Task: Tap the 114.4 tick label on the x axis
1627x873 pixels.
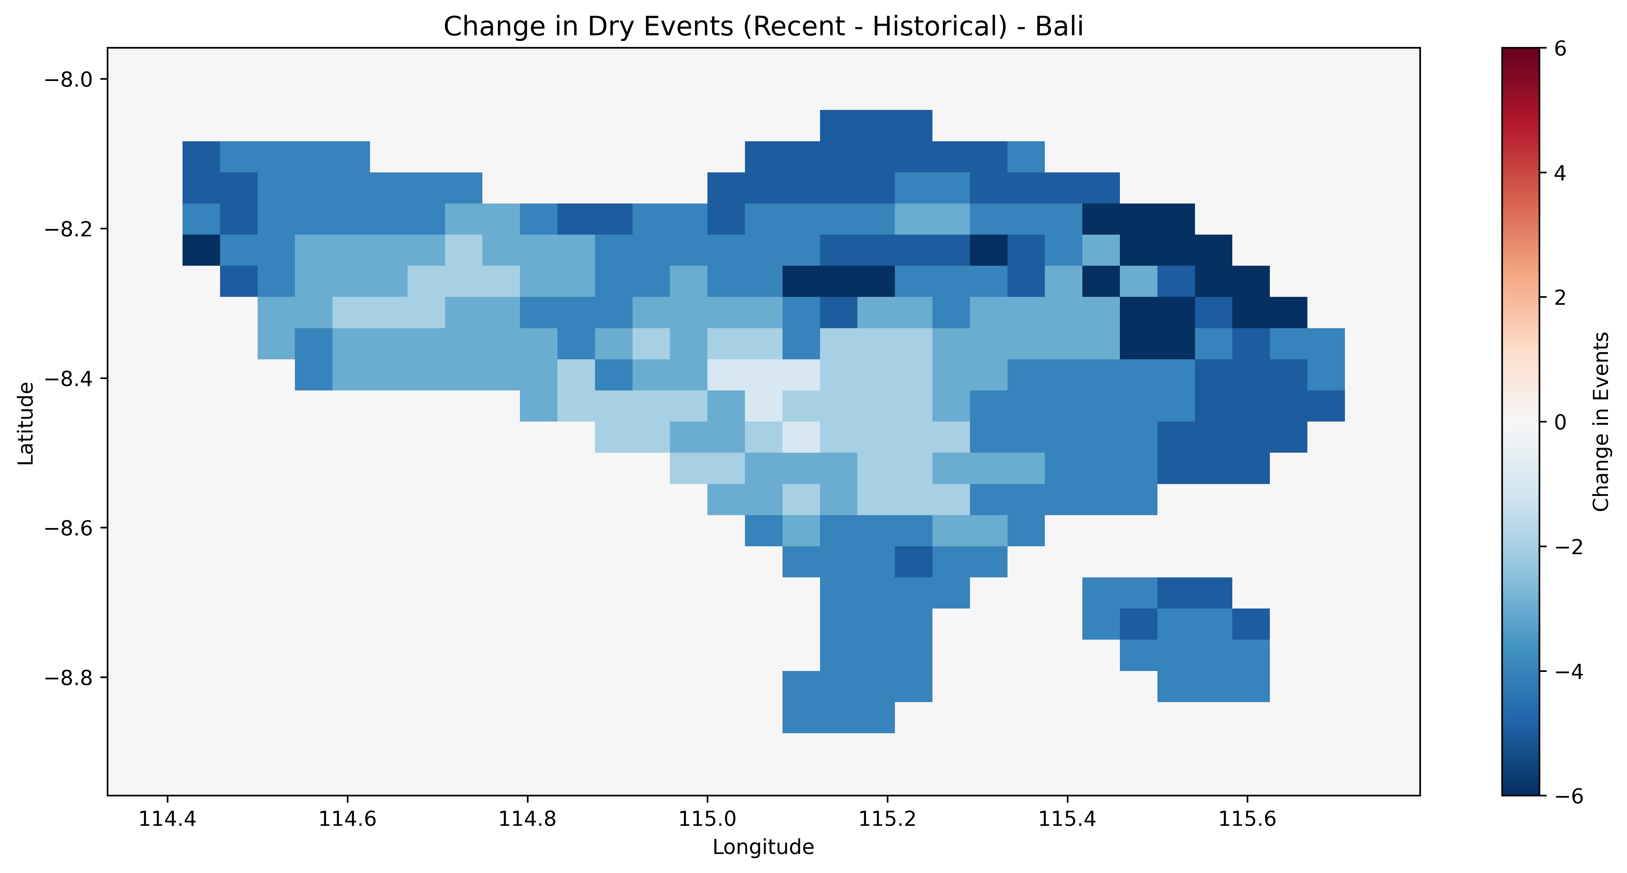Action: point(167,819)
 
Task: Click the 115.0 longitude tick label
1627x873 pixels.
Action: point(707,819)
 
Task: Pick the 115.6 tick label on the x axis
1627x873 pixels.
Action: point(1247,819)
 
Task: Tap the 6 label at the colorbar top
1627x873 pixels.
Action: point(1560,49)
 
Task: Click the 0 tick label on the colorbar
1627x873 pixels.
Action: point(1560,422)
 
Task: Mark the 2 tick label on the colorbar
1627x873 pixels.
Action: point(1560,298)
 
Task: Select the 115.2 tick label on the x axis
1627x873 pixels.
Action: point(887,819)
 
